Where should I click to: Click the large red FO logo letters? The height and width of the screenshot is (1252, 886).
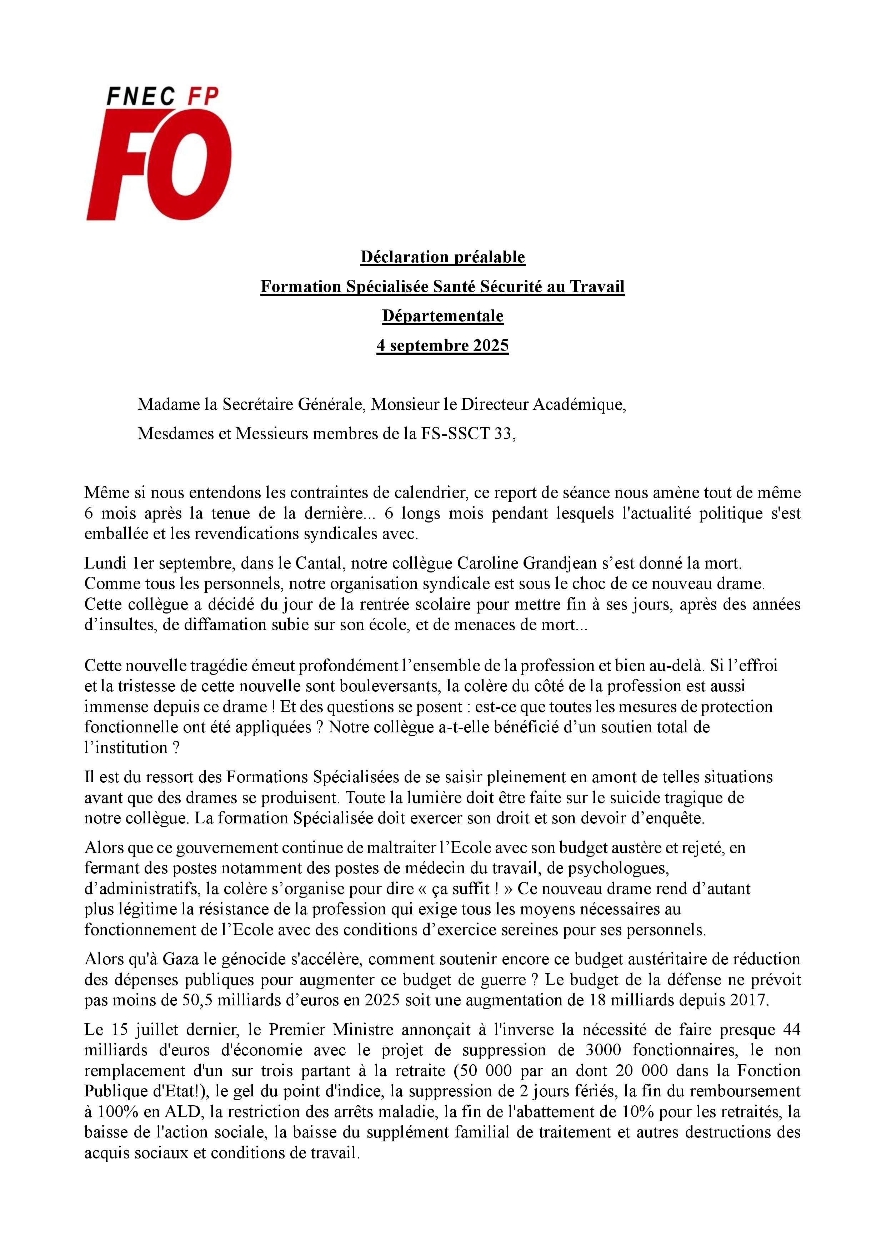(x=158, y=163)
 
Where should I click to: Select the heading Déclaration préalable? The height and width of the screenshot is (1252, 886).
(x=442, y=257)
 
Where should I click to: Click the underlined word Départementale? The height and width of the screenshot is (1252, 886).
(x=442, y=316)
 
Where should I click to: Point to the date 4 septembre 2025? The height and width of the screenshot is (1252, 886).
(x=442, y=346)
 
